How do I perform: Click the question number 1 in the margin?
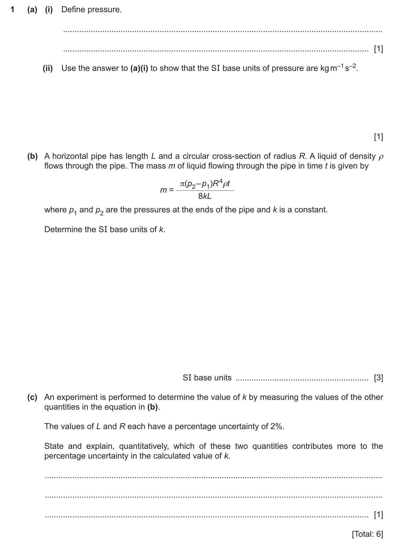click(x=12, y=10)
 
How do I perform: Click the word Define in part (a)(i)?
click(x=73, y=10)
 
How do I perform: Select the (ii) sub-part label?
click(x=48, y=68)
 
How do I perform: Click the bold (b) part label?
click(x=32, y=156)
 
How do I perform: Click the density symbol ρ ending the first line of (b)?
click(x=381, y=157)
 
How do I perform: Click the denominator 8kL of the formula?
click(x=205, y=196)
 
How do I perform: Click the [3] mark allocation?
click(x=378, y=378)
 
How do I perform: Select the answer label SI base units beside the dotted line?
click(x=207, y=378)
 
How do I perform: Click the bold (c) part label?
click(x=32, y=397)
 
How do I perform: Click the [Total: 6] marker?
click(x=367, y=534)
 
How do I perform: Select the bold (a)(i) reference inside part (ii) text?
click(x=139, y=68)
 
